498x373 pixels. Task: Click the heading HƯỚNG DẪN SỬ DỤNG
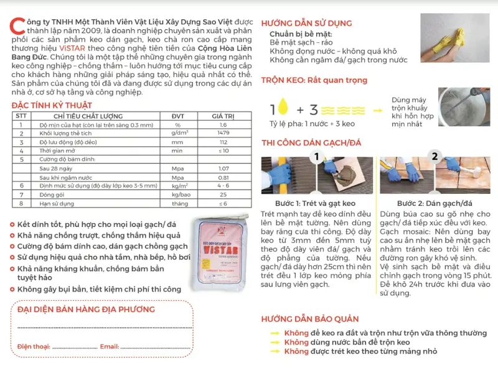tap(307, 23)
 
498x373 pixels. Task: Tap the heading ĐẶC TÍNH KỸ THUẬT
tap(52, 106)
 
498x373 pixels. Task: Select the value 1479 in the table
tap(223, 132)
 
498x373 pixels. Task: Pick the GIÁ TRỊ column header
tap(223, 116)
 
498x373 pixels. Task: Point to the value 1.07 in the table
tap(223, 168)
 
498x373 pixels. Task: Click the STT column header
tap(21, 116)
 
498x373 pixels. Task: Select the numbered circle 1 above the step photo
tap(317, 156)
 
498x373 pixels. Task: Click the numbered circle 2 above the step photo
tap(435, 156)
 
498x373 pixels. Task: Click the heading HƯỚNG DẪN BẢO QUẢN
tap(309, 319)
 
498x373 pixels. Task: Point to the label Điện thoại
tap(35, 346)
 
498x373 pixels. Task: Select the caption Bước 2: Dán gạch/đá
tap(435, 203)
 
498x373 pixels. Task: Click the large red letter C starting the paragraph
tap(16, 25)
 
